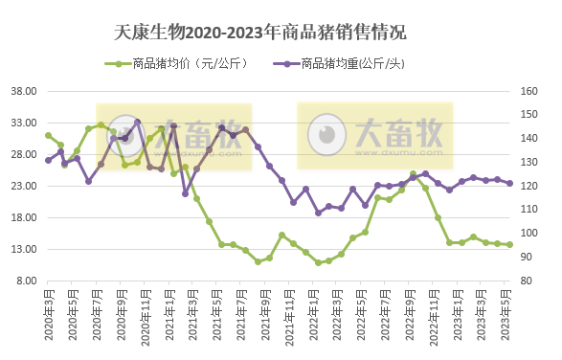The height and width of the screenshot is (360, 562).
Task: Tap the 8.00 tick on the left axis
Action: coord(26,281)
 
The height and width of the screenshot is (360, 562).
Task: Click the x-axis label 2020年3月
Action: coord(48,317)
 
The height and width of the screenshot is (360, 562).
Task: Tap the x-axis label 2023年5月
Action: coord(510,317)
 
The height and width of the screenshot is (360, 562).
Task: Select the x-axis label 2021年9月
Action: coord(267,317)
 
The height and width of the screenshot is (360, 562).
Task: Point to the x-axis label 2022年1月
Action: coord(316,317)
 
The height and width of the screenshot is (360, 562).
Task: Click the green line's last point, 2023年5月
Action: coord(509,244)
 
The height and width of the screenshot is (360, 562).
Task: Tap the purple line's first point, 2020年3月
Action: coord(48,160)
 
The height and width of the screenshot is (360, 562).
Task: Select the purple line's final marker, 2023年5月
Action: coord(509,183)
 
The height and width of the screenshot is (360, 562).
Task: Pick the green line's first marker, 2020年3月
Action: coord(48,136)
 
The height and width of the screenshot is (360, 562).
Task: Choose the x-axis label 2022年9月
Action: coord(413,317)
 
